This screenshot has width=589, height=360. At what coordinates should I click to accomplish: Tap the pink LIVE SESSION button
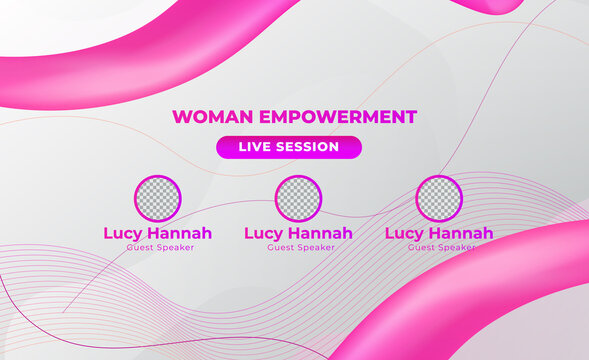288,147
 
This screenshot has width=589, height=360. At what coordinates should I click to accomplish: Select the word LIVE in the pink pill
254,147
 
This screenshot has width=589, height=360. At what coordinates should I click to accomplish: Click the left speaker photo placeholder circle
158,198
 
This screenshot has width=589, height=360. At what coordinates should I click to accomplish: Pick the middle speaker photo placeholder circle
298,198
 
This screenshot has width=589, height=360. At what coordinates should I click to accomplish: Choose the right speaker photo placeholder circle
439,198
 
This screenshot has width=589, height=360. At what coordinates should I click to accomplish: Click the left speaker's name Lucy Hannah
158,233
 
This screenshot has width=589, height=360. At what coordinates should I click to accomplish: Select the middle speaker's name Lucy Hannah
298,233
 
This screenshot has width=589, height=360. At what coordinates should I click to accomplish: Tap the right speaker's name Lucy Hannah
439,233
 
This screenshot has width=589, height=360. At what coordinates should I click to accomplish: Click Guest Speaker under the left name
158,247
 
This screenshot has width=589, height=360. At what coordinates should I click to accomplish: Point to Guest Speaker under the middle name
298,247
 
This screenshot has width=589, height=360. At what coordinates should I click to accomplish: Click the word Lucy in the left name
124,234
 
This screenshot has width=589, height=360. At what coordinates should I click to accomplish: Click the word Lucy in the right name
405,234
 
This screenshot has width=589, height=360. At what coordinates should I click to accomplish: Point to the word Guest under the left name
140,247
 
